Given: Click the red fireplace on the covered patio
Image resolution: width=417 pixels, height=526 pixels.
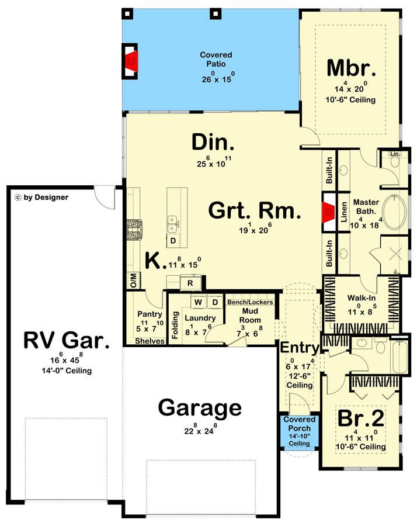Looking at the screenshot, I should click(131, 60).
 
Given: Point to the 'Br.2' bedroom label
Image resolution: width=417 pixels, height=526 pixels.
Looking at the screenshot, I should click(360, 418).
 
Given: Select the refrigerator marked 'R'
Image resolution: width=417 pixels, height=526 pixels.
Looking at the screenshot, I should click(190, 283).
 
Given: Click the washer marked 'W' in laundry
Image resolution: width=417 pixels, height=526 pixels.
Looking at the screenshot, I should click(198, 302).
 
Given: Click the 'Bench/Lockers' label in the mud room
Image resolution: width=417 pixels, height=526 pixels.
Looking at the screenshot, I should click(250, 302).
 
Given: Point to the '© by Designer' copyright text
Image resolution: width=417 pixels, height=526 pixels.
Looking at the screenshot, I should click(41, 198).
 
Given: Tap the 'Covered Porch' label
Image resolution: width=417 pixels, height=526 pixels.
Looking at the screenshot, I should click(300, 424).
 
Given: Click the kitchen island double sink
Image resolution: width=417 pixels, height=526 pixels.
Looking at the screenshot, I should click(173, 220).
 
